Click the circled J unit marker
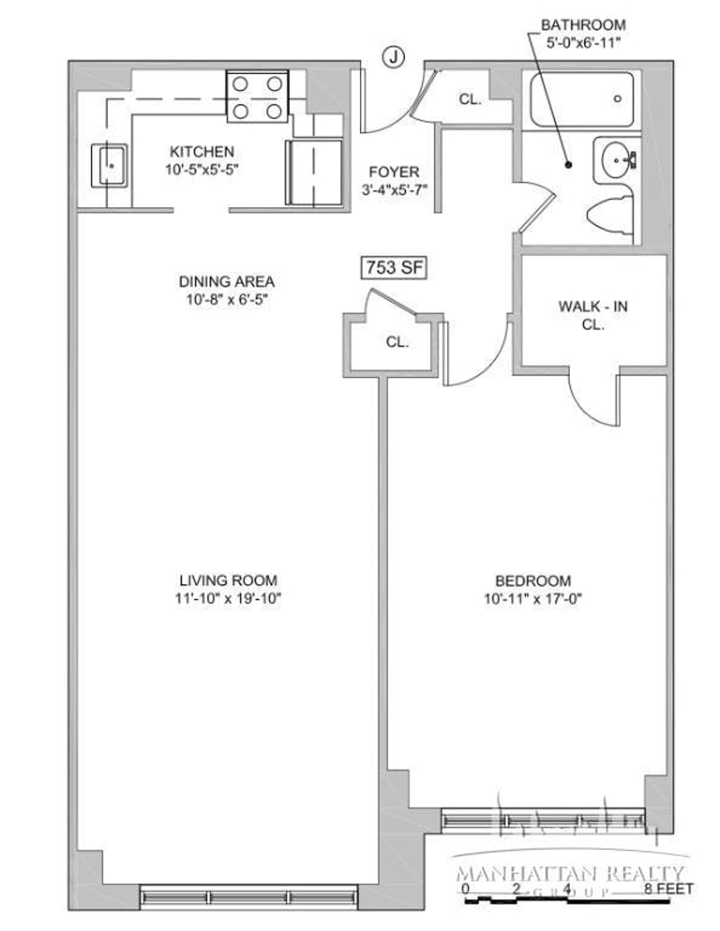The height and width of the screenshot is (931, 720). (x=392, y=57)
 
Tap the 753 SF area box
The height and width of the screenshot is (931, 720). (x=394, y=267)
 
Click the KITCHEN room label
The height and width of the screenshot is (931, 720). (x=202, y=151)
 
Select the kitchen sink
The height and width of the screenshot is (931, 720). (x=109, y=166)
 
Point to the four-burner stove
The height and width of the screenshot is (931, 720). (x=257, y=96)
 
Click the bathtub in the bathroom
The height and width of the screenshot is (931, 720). (x=581, y=100)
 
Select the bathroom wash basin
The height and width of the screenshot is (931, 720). (x=616, y=160)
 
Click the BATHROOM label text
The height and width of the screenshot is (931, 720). (x=583, y=25)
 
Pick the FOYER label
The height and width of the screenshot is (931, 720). (x=394, y=172)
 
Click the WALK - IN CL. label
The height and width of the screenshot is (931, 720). (x=592, y=315)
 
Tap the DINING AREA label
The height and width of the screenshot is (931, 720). (x=227, y=281)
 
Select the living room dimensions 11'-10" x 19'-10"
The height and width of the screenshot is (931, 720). (x=228, y=599)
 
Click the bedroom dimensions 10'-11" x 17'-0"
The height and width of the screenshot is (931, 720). (x=533, y=599)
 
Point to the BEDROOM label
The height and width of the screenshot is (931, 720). (x=533, y=580)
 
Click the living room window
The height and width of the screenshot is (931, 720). (x=248, y=896)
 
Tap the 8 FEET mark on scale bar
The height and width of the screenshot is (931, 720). (x=669, y=889)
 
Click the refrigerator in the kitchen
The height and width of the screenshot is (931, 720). (x=314, y=172)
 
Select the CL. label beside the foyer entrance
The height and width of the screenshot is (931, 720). (x=470, y=100)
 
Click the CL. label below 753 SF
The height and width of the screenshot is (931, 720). (x=397, y=342)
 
